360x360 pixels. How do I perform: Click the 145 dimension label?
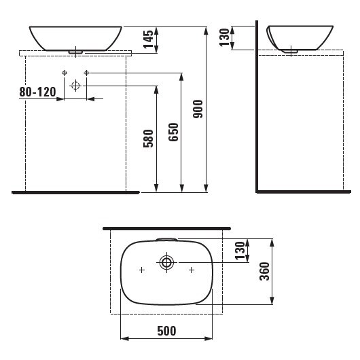click(x=148, y=39)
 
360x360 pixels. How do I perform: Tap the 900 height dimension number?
click(x=198, y=109)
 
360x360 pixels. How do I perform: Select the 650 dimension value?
click(x=173, y=132)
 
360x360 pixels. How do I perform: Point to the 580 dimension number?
click(x=148, y=139)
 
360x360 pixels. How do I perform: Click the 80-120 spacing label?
click(x=37, y=92)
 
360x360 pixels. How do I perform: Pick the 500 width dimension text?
click(x=166, y=331)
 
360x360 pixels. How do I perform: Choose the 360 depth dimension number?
click(x=264, y=272)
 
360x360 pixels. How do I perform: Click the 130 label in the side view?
click(x=224, y=37)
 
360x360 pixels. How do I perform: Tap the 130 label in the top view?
click(x=240, y=251)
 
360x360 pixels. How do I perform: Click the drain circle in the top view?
click(x=166, y=262)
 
